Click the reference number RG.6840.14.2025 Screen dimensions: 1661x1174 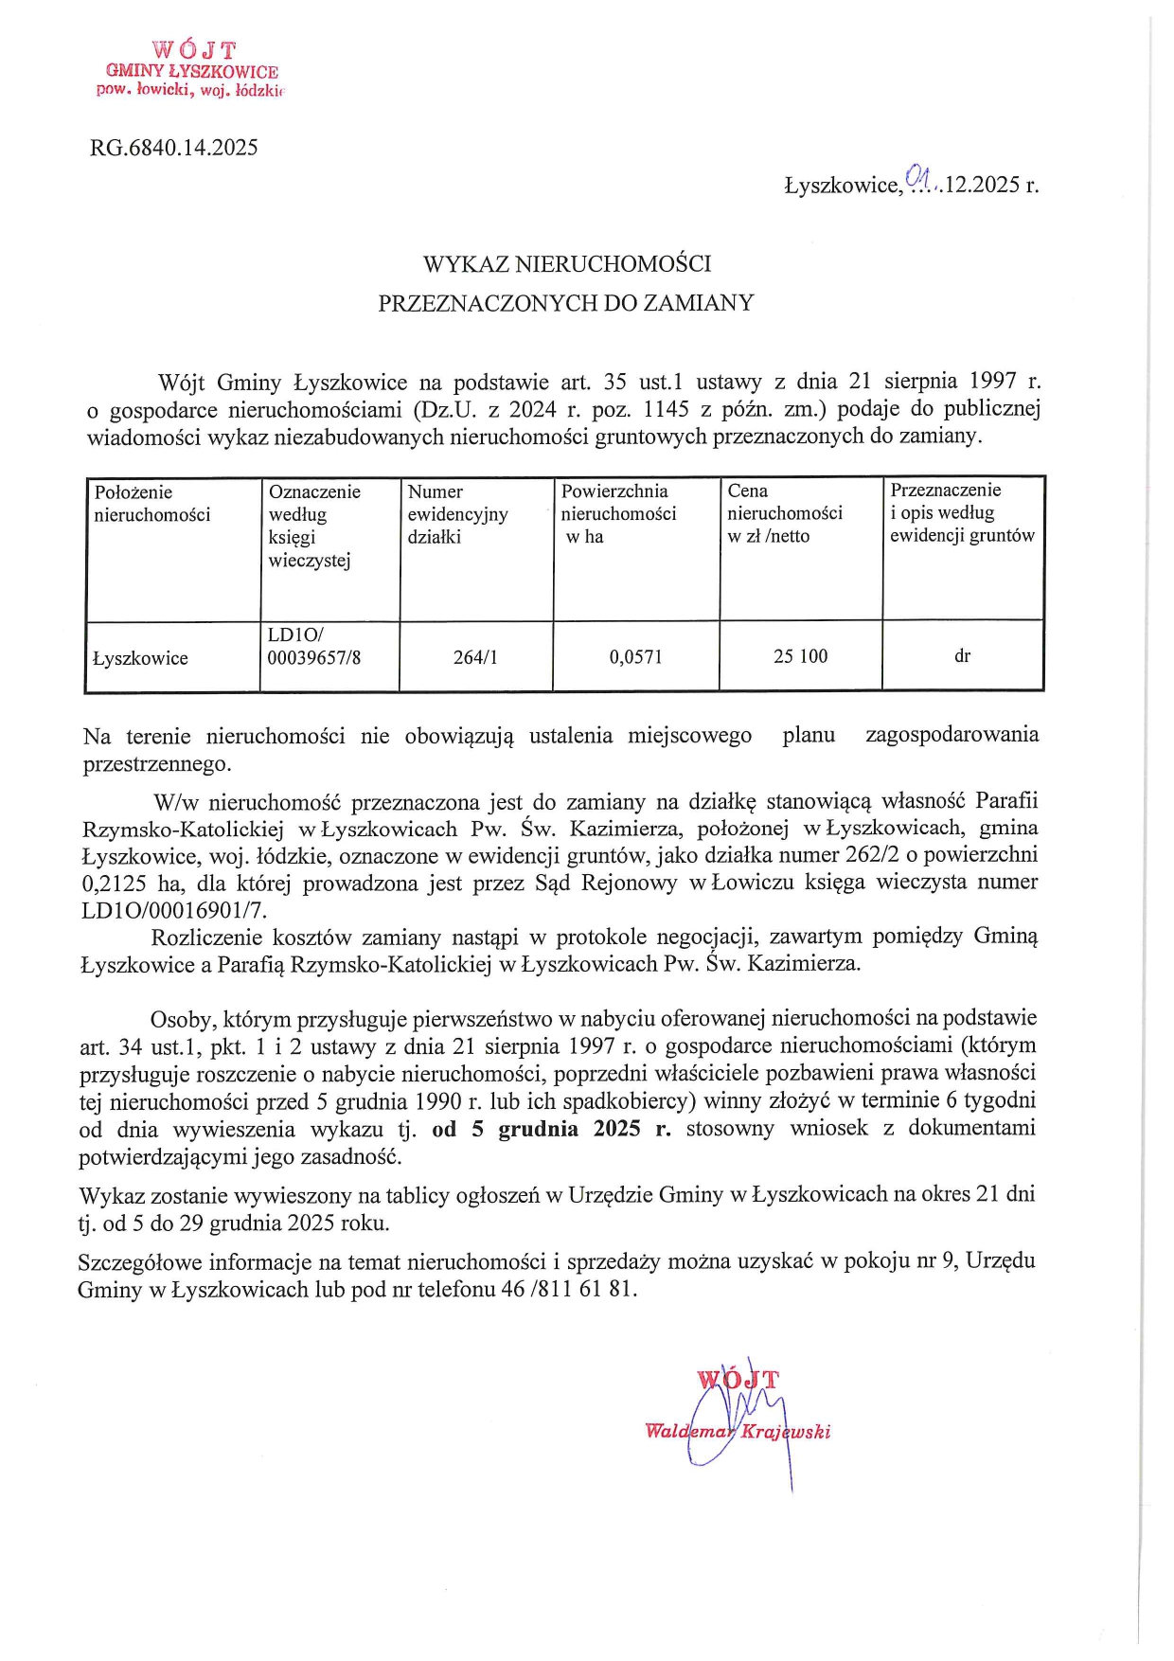(174, 148)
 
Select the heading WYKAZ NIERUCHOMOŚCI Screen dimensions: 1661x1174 (567, 263)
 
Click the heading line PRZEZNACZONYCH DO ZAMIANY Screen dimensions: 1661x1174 (566, 303)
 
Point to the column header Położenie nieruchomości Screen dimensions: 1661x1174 (151, 504)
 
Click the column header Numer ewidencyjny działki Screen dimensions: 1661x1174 (457, 514)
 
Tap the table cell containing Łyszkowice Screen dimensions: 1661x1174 (140, 658)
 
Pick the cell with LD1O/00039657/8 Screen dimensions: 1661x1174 (313, 646)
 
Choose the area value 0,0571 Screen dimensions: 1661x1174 (636, 657)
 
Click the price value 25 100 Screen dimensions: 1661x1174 (800, 656)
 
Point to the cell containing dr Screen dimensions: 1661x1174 (962, 656)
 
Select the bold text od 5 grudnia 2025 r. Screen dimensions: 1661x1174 (551, 1129)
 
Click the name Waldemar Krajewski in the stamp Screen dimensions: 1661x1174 (738, 1432)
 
